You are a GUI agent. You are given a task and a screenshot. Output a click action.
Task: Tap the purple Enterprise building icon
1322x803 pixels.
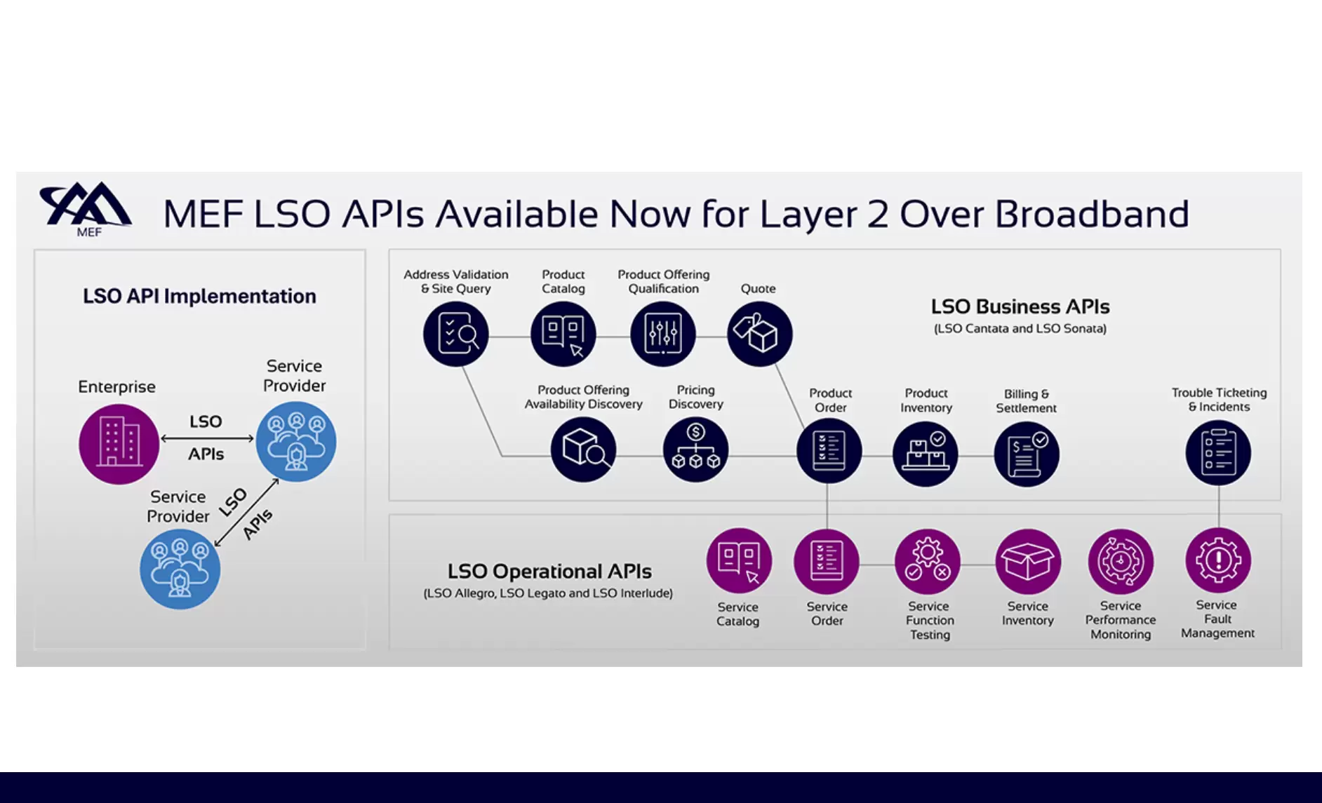(119, 444)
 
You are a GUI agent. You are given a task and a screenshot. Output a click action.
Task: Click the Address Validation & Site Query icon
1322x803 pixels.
(456, 334)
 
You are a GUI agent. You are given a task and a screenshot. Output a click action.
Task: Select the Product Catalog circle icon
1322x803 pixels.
(563, 334)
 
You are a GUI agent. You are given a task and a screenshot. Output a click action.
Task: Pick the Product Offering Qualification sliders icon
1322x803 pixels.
(663, 334)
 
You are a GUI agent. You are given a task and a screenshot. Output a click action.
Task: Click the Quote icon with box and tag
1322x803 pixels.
(760, 334)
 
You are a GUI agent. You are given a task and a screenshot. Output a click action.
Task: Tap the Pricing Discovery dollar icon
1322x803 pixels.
(695, 450)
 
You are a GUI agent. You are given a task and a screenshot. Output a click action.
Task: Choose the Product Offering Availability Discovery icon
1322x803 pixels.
(583, 450)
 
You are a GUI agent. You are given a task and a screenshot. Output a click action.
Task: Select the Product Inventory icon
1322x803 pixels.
(926, 453)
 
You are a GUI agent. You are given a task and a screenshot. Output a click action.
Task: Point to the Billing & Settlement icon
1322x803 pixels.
(1027, 454)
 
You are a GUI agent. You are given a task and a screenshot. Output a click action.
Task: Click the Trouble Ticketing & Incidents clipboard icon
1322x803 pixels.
(1218, 453)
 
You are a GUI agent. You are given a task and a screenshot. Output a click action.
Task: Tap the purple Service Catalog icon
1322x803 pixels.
(739, 561)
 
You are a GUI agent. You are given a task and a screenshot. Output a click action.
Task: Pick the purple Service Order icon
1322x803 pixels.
(827, 562)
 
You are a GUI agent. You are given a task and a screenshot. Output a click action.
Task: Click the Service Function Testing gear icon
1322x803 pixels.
(928, 562)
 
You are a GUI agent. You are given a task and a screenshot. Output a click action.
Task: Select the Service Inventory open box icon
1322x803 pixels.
(1028, 562)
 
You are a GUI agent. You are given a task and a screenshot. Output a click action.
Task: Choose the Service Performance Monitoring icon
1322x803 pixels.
(1121, 562)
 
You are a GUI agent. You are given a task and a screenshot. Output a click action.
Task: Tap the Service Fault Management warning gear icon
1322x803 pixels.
(1218, 560)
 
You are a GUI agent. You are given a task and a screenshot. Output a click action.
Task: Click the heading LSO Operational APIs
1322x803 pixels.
(549, 572)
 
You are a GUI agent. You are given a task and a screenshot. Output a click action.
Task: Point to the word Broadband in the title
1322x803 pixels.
(1092, 214)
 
